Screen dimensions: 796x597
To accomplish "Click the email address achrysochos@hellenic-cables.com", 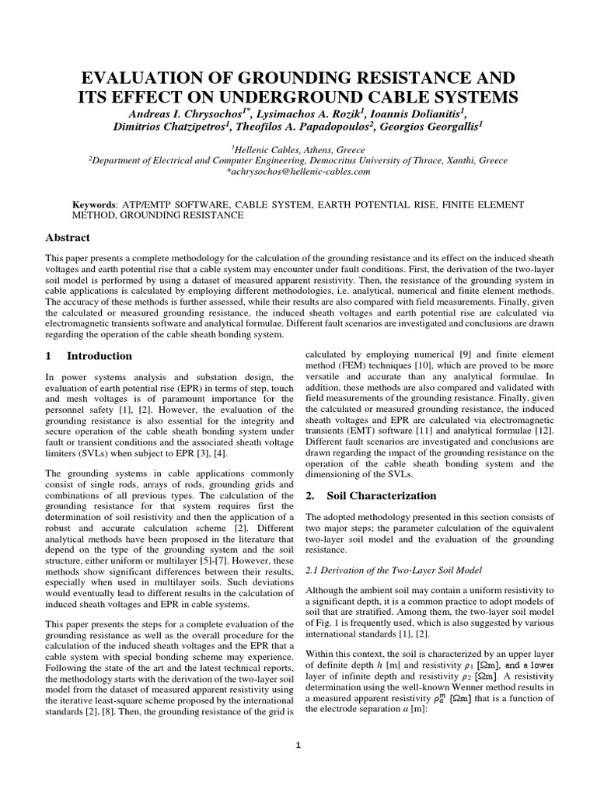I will coord(298,172).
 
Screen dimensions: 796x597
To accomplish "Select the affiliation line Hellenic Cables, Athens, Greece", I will coord(298,149).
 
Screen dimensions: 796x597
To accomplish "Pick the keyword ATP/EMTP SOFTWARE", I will coord(166,204).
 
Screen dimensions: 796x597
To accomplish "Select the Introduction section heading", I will coord(99,355).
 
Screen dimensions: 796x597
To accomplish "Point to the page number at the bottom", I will coord(298,745).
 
